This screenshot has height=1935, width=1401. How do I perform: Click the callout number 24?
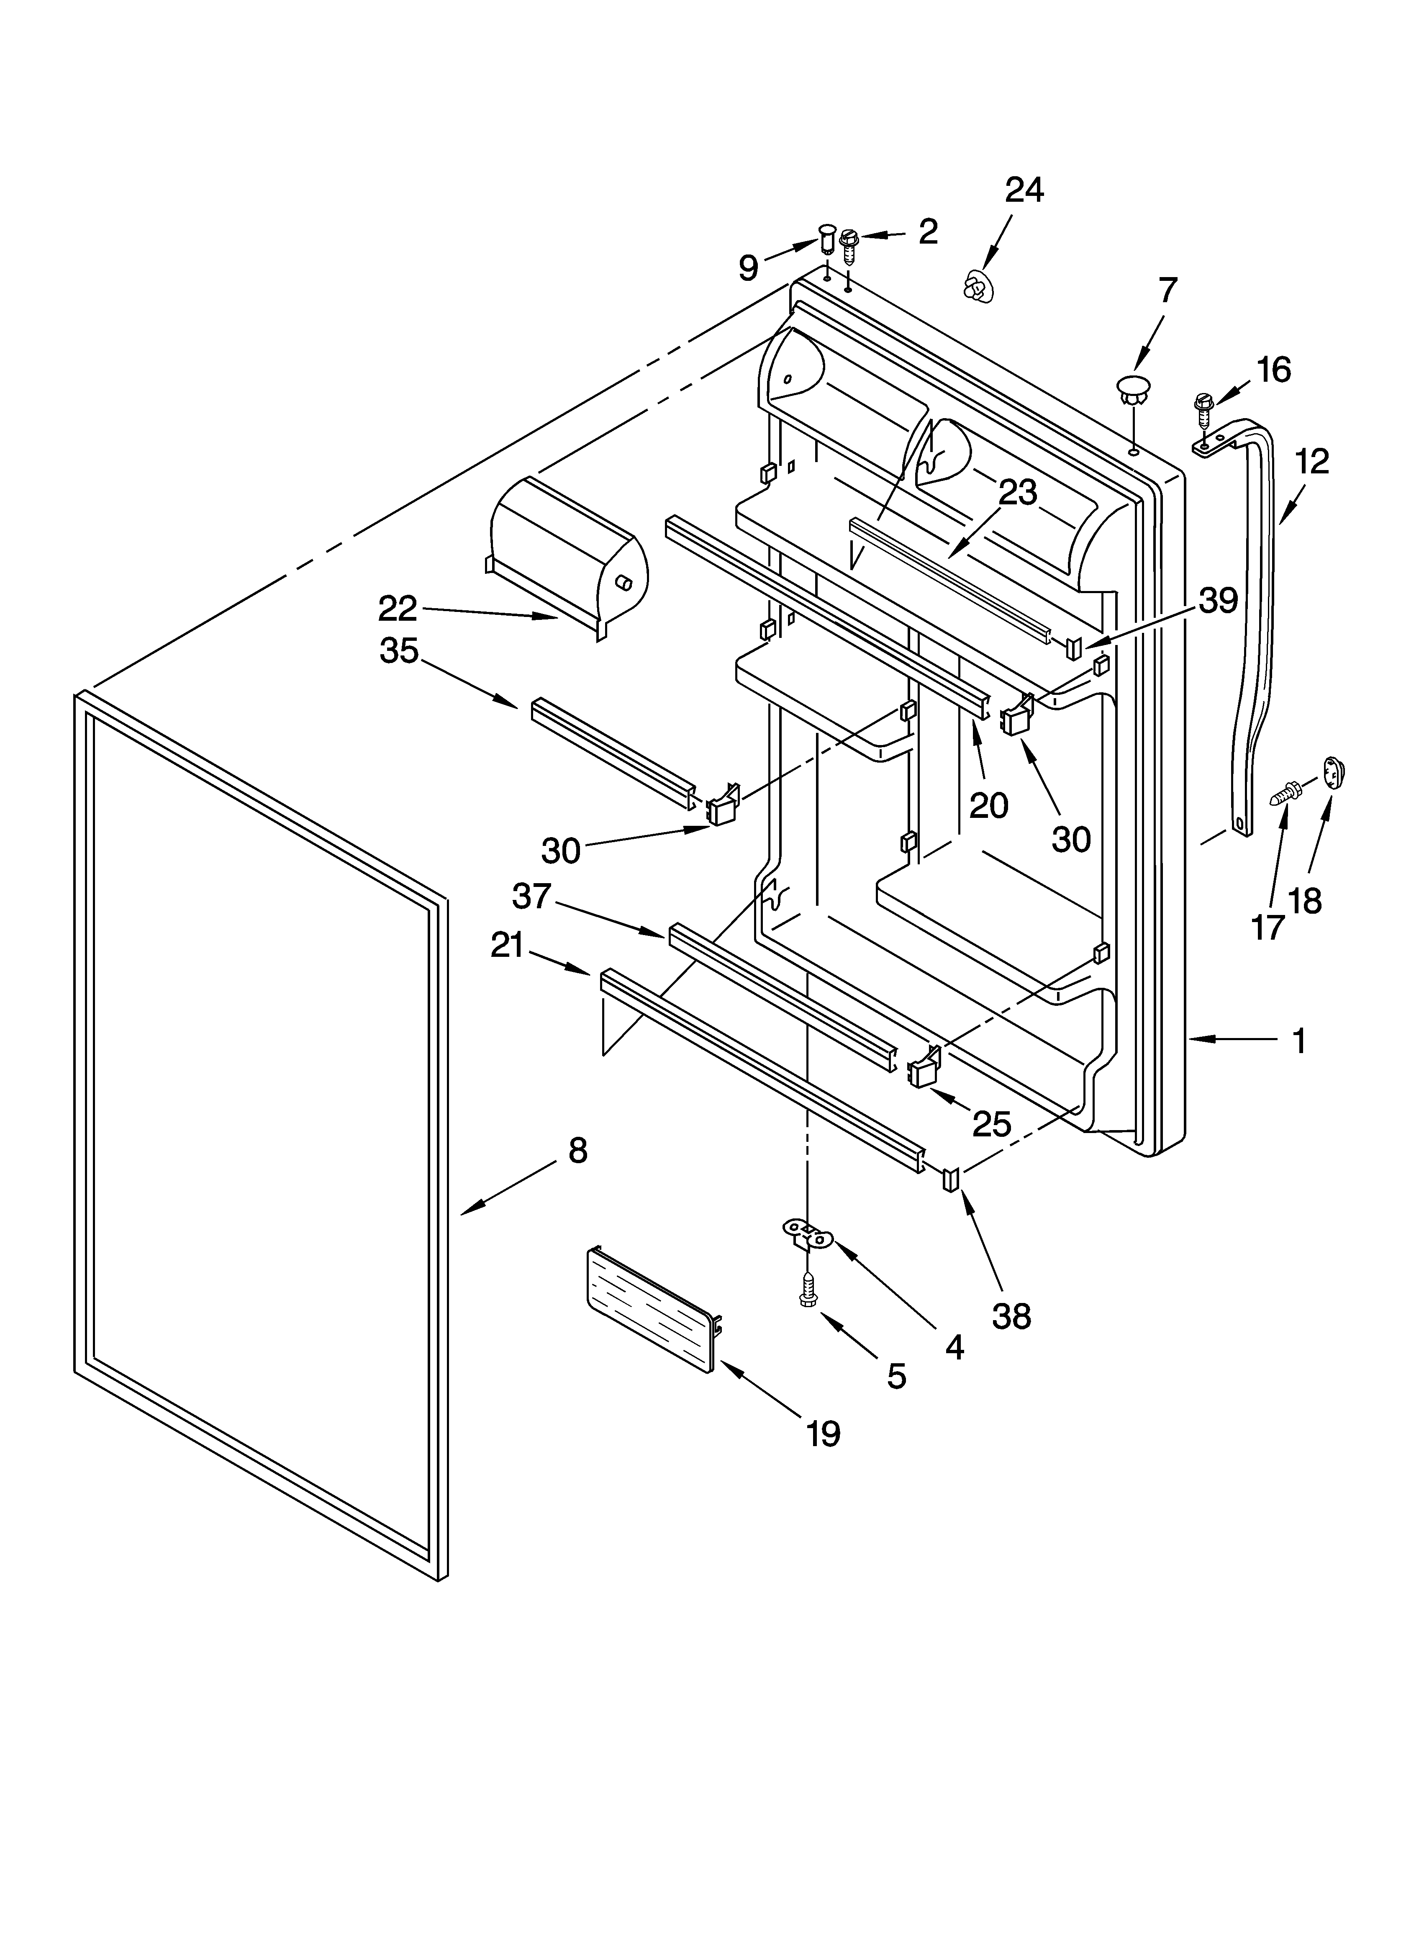click(x=1024, y=190)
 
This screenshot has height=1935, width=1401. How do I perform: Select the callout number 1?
click(x=1298, y=1041)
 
